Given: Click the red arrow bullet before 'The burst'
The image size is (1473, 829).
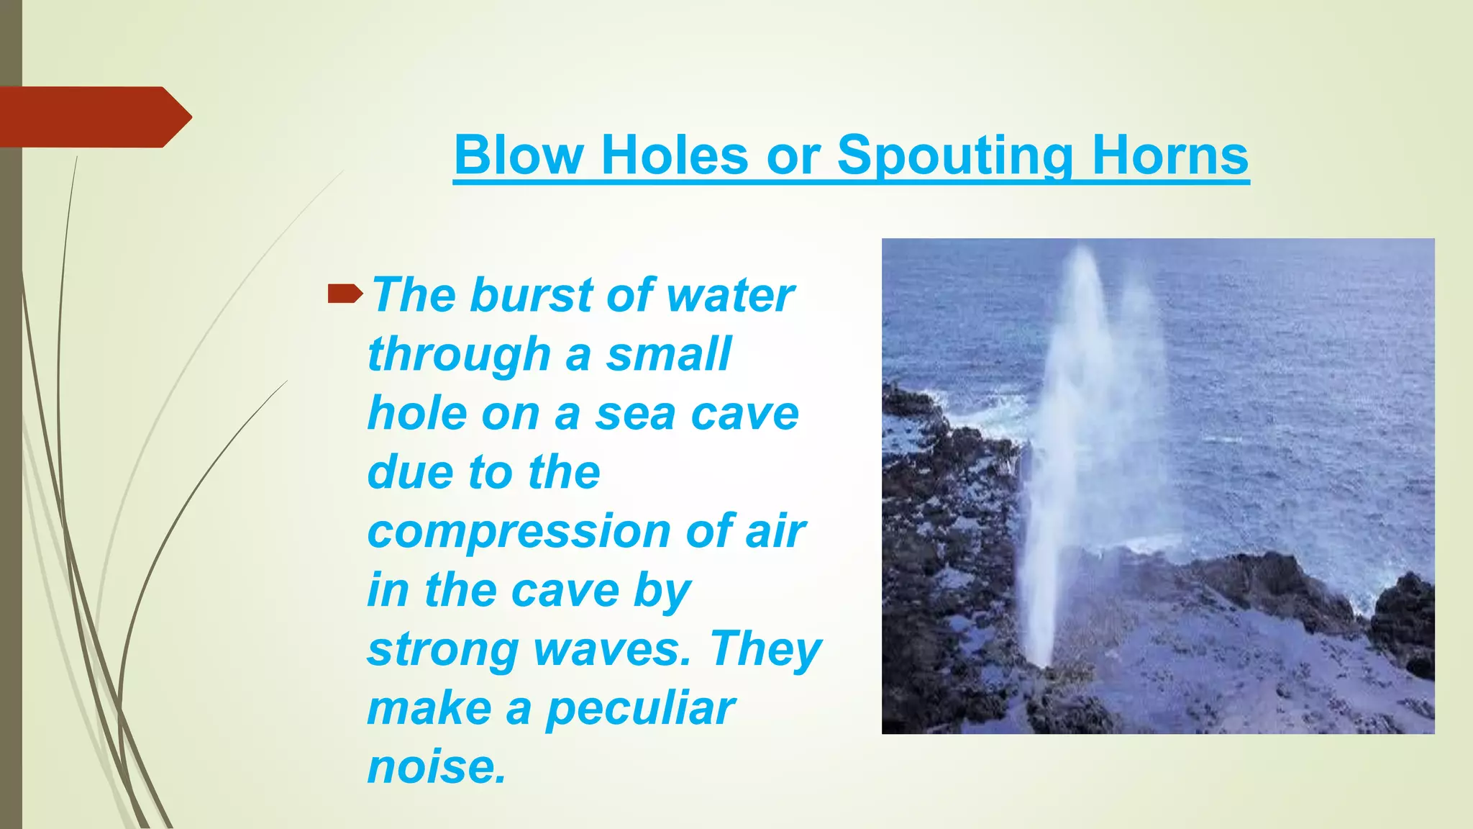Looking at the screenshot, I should coord(345,293).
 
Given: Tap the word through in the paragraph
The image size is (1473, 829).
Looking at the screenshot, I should coord(459,355).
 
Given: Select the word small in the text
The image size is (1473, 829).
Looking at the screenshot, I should coord(668,355).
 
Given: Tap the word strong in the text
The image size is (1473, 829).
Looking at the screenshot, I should coord(442,650).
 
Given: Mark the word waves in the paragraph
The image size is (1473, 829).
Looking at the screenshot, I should coord(611,650).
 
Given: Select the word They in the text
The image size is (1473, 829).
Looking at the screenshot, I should coord(766,650).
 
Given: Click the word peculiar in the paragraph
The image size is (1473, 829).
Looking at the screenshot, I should coord(640,709).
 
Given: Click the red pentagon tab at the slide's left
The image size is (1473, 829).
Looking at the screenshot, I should coord(90,117).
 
